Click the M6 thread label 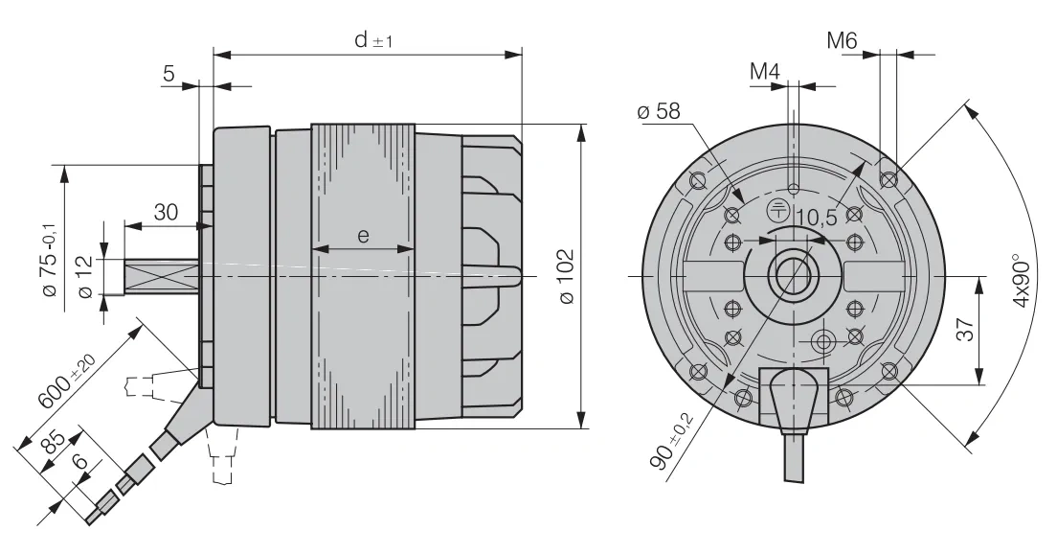(x=842, y=41)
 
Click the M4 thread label (x=764, y=71)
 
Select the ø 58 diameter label (x=658, y=110)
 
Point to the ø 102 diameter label (x=566, y=277)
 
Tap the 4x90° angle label (x=1021, y=280)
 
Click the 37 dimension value (x=965, y=330)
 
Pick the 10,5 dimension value (x=816, y=218)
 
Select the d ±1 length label (x=373, y=40)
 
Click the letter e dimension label (x=364, y=236)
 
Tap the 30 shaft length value (x=166, y=212)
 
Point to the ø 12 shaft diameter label (x=85, y=277)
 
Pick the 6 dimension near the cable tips (x=79, y=462)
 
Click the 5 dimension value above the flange (x=169, y=74)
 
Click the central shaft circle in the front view (x=794, y=276)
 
